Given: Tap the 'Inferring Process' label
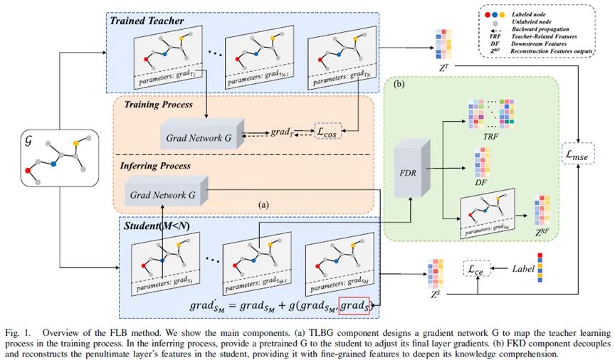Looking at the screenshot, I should (155, 165).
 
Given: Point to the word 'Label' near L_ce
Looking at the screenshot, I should (523, 270).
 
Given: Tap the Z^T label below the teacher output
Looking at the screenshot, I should (443, 68).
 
